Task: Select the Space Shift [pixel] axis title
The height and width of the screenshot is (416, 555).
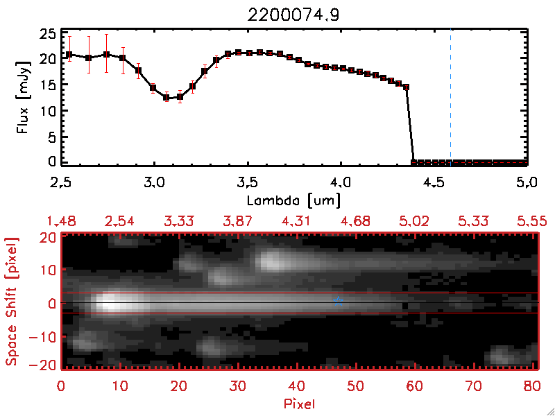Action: coord(12,301)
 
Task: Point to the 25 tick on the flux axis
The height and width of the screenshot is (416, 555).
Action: coord(48,34)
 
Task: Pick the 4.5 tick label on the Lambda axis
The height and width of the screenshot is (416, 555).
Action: coord(434,183)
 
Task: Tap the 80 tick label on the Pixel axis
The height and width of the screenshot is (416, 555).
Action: coord(532,385)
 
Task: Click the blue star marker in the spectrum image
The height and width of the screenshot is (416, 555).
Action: coord(338,300)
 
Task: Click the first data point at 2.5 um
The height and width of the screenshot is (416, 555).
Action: coord(69,54)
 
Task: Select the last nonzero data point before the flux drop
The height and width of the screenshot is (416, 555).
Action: coord(407,87)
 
